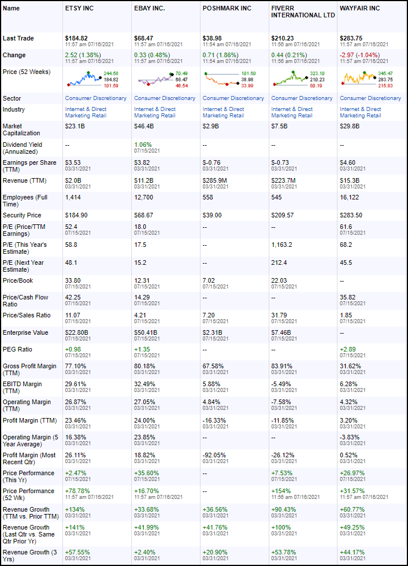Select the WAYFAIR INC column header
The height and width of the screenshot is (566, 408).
tap(359, 9)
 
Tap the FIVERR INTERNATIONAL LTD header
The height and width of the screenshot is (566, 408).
tap(303, 12)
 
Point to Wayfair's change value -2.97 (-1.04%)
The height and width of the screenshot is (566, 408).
tap(362, 55)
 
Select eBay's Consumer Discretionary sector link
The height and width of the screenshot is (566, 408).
tap(165, 98)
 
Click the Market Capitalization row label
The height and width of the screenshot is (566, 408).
tap(23, 130)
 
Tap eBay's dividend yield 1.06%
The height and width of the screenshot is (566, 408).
tap(144, 145)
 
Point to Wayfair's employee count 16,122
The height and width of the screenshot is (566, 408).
tap(352, 198)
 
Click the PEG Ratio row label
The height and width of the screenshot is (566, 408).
tap(17, 349)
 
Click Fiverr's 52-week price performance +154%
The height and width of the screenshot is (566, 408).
tap(281, 491)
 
